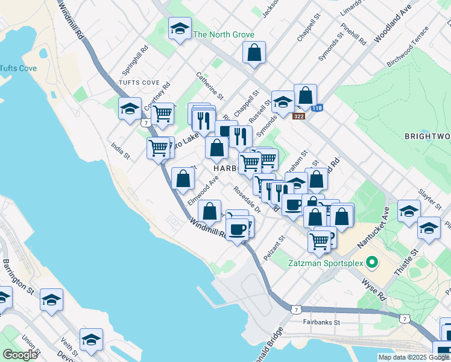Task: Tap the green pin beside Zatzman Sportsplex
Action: coord(373,262)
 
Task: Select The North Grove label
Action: coord(223,35)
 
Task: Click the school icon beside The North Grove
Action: coord(180,28)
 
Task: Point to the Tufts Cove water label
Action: coord(18,68)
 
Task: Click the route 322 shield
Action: coord(300,116)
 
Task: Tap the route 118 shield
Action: coord(317,108)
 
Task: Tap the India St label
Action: coord(120,151)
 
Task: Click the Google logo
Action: coord(20,355)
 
